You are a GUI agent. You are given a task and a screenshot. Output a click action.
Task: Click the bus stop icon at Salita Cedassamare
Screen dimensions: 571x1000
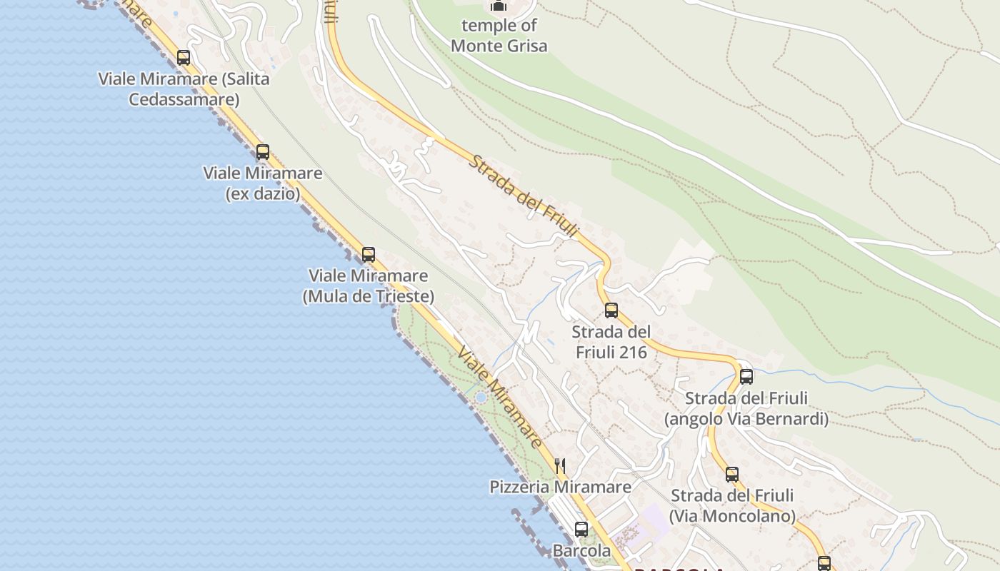(184, 58)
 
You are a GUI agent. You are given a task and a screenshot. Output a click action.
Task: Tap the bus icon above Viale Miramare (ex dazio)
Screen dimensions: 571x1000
(263, 152)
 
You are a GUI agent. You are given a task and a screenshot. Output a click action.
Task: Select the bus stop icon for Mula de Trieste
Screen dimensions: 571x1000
(369, 255)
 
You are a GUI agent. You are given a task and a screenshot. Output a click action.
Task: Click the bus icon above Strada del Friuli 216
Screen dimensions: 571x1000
(611, 310)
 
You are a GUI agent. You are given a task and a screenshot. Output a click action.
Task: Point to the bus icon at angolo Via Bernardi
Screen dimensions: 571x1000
(746, 376)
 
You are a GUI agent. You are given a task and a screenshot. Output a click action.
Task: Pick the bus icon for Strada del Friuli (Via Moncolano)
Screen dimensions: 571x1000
(732, 475)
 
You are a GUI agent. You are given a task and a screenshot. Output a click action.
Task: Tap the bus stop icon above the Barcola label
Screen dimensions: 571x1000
(581, 530)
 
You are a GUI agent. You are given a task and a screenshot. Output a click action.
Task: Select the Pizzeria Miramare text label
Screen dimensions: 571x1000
(560, 487)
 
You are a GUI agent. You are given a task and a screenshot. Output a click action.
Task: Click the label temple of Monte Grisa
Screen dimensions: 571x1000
(499, 36)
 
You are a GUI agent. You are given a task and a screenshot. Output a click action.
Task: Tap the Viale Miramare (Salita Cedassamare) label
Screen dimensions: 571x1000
(184, 89)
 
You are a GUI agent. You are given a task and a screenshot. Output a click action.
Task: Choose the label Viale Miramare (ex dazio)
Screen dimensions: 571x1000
(263, 183)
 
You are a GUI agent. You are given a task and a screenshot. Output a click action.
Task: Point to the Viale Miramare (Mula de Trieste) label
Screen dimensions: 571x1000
(369, 285)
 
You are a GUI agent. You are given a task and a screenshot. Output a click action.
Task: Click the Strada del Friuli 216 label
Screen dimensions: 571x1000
(611, 342)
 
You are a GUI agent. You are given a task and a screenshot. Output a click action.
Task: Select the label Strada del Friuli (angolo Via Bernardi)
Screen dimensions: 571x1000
(746, 408)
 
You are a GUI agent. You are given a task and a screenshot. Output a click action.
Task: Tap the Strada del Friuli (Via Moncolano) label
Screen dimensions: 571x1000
(732, 505)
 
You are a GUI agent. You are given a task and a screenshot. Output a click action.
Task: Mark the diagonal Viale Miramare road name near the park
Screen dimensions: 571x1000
(500, 398)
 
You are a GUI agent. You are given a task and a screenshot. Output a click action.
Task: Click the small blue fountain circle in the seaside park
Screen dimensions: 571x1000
(481, 398)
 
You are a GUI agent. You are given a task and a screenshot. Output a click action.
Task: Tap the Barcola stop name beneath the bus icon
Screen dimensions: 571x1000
(581, 551)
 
